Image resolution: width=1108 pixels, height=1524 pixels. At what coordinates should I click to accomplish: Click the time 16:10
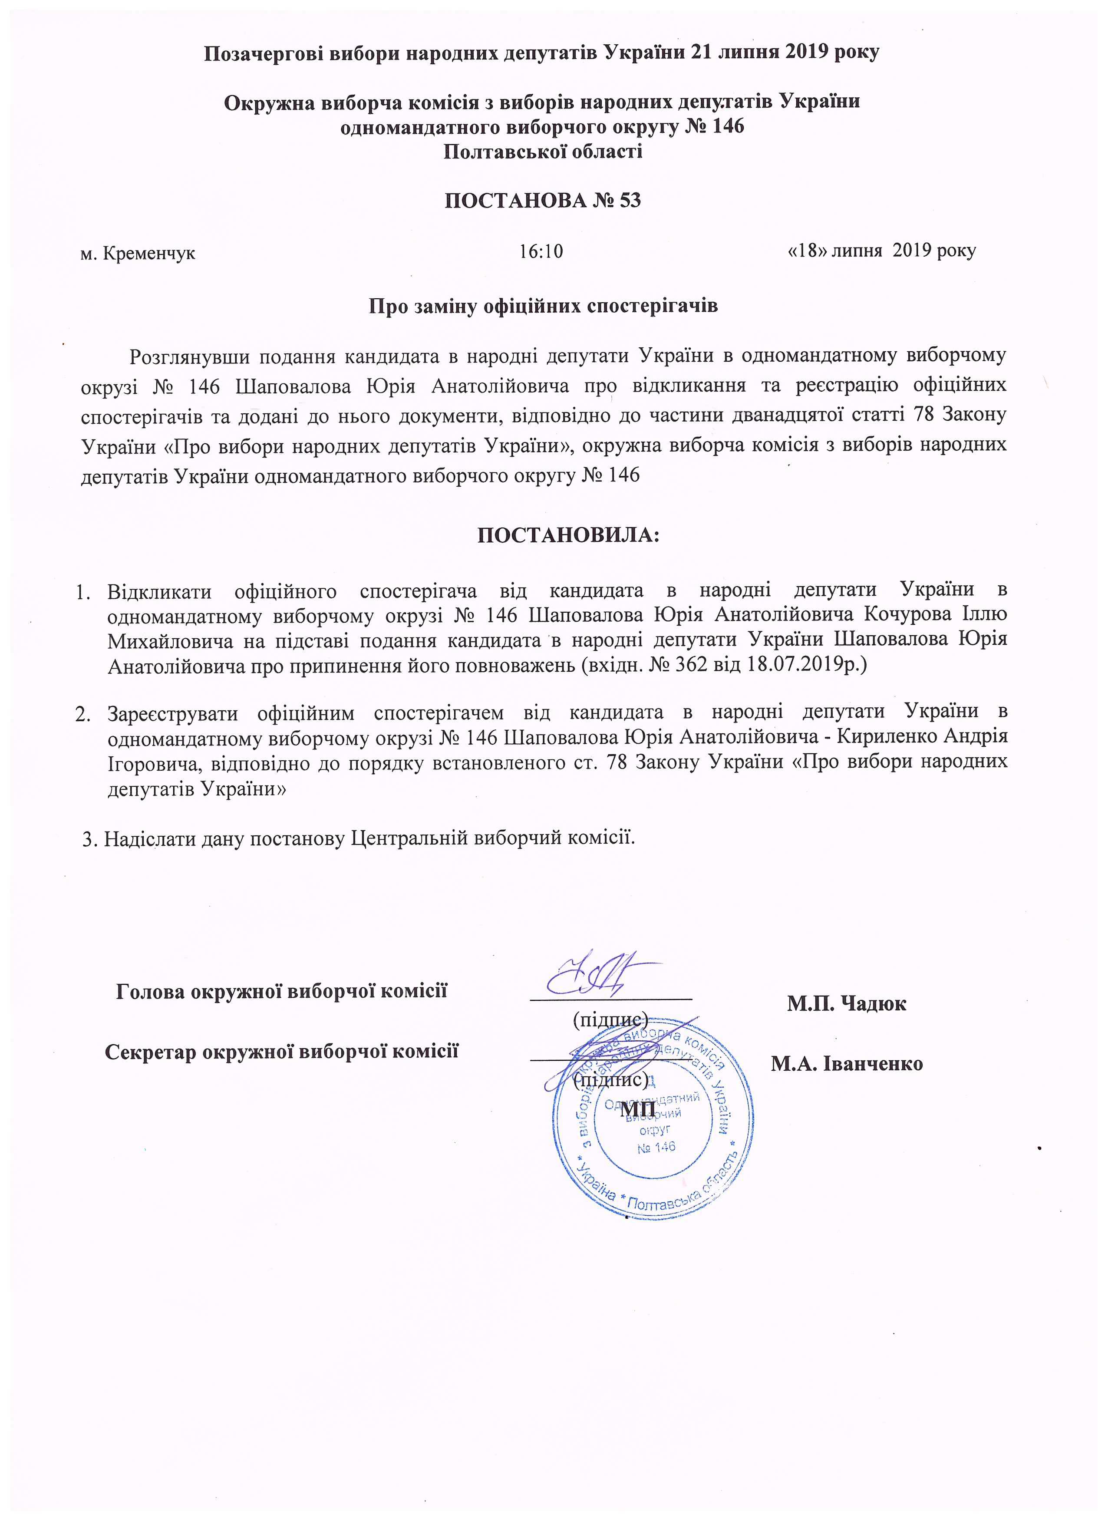pos(541,252)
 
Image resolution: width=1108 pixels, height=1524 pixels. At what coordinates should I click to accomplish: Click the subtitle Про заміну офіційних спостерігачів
pos(543,306)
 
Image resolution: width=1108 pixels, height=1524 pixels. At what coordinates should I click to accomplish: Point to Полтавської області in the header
pos(542,152)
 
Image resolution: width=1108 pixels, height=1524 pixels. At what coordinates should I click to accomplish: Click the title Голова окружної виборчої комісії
pos(281,991)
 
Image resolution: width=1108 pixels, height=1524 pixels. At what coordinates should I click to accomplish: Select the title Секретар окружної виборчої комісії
pos(281,1051)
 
